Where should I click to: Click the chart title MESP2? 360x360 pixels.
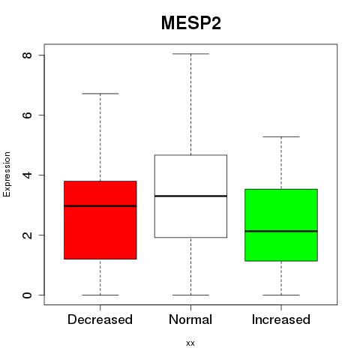pos(191,23)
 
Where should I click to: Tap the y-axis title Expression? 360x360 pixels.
pos(7,174)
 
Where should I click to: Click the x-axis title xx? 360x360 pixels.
pos(190,343)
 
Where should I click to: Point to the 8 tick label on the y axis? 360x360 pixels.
pos(27,55)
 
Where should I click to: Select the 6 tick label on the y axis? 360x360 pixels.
pos(27,115)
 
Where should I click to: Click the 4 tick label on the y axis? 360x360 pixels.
pos(27,175)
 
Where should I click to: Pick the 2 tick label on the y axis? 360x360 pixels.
pos(27,235)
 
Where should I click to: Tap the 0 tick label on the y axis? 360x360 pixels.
pos(27,295)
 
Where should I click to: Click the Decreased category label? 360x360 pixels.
pos(100,319)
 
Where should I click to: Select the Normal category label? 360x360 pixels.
pos(190,319)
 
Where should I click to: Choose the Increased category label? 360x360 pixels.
pos(281,319)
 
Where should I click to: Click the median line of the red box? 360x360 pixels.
pos(100,206)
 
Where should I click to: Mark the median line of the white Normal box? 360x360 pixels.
pos(190,196)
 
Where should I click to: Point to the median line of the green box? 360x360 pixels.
pos(281,231)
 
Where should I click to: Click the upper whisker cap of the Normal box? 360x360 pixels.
pos(190,54)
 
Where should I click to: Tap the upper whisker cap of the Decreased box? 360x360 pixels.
pos(100,94)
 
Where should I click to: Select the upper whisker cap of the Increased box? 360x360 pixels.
pos(281,136)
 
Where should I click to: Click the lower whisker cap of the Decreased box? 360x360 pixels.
pos(100,295)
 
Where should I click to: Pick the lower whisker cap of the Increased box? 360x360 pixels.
pos(281,295)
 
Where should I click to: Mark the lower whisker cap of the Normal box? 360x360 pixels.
pos(190,295)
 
